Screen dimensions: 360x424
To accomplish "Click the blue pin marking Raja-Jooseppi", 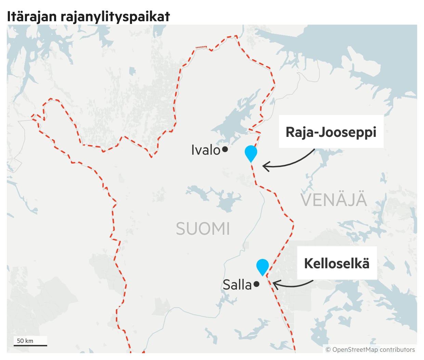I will [251, 153].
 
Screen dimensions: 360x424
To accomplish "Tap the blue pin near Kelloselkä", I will [263, 266].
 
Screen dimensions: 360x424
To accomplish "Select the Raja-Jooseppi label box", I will [331, 132].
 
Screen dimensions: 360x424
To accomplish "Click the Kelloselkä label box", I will [337, 263].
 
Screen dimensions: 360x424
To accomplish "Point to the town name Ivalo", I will [206, 150].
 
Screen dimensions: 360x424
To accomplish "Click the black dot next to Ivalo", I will [225, 149].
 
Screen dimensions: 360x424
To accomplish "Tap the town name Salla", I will [237, 285].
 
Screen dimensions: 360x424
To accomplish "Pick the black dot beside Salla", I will [257, 284].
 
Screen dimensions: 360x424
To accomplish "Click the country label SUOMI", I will [203, 229].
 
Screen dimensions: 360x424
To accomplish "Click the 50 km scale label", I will [25, 340].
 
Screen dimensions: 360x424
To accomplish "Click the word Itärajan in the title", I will [32, 16].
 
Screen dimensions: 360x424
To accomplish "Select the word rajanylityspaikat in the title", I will [115, 16].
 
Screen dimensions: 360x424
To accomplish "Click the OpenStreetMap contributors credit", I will [373, 349].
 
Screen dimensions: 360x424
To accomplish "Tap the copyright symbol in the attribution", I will [328, 349].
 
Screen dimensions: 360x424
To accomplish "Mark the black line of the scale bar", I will [30, 345].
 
